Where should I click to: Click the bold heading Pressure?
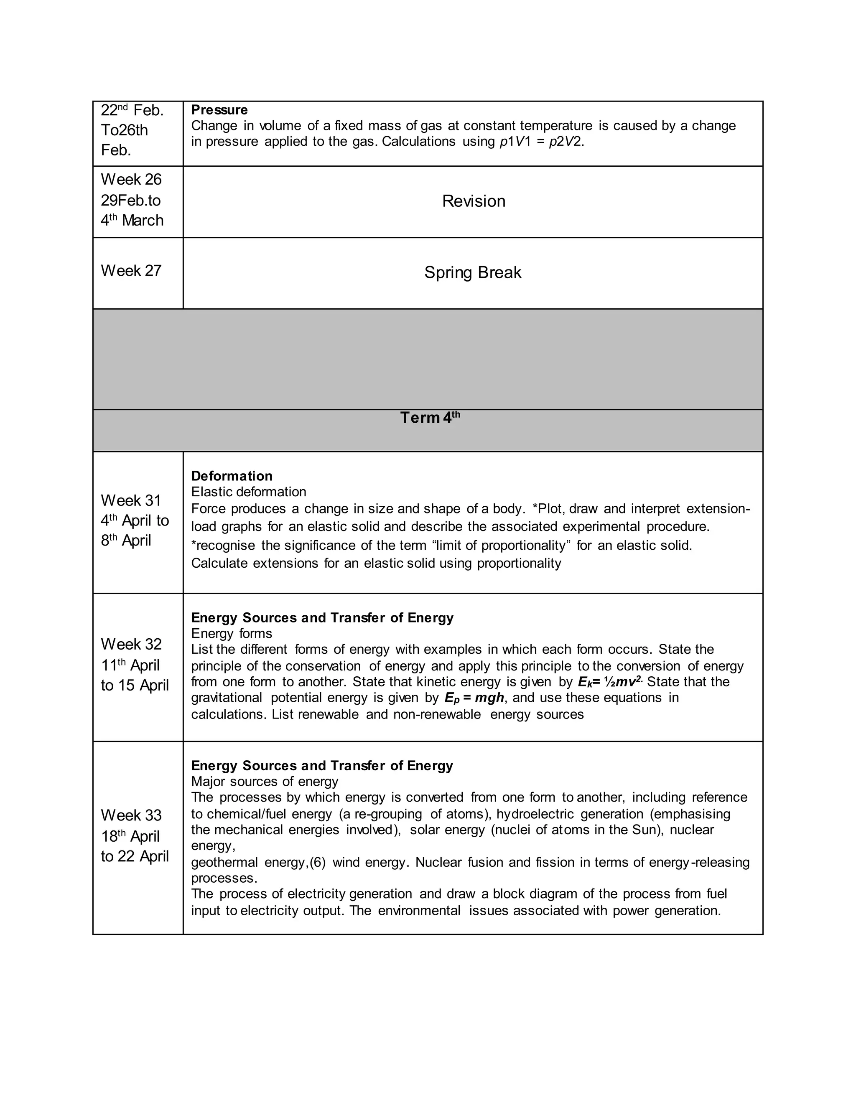click(219, 110)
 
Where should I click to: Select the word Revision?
click(473, 201)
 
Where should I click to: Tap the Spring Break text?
click(473, 273)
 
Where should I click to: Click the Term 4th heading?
click(430, 418)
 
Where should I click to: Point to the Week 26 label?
click(131, 180)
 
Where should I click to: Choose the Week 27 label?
click(131, 271)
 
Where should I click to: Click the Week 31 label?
click(131, 500)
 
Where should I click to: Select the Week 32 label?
click(131, 644)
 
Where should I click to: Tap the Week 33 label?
click(131, 815)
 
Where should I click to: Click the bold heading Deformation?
click(232, 476)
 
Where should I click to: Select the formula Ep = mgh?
click(474, 698)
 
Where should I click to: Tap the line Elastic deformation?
click(249, 492)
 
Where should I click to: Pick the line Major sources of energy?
click(264, 782)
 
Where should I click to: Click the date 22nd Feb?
click(132, 110)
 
